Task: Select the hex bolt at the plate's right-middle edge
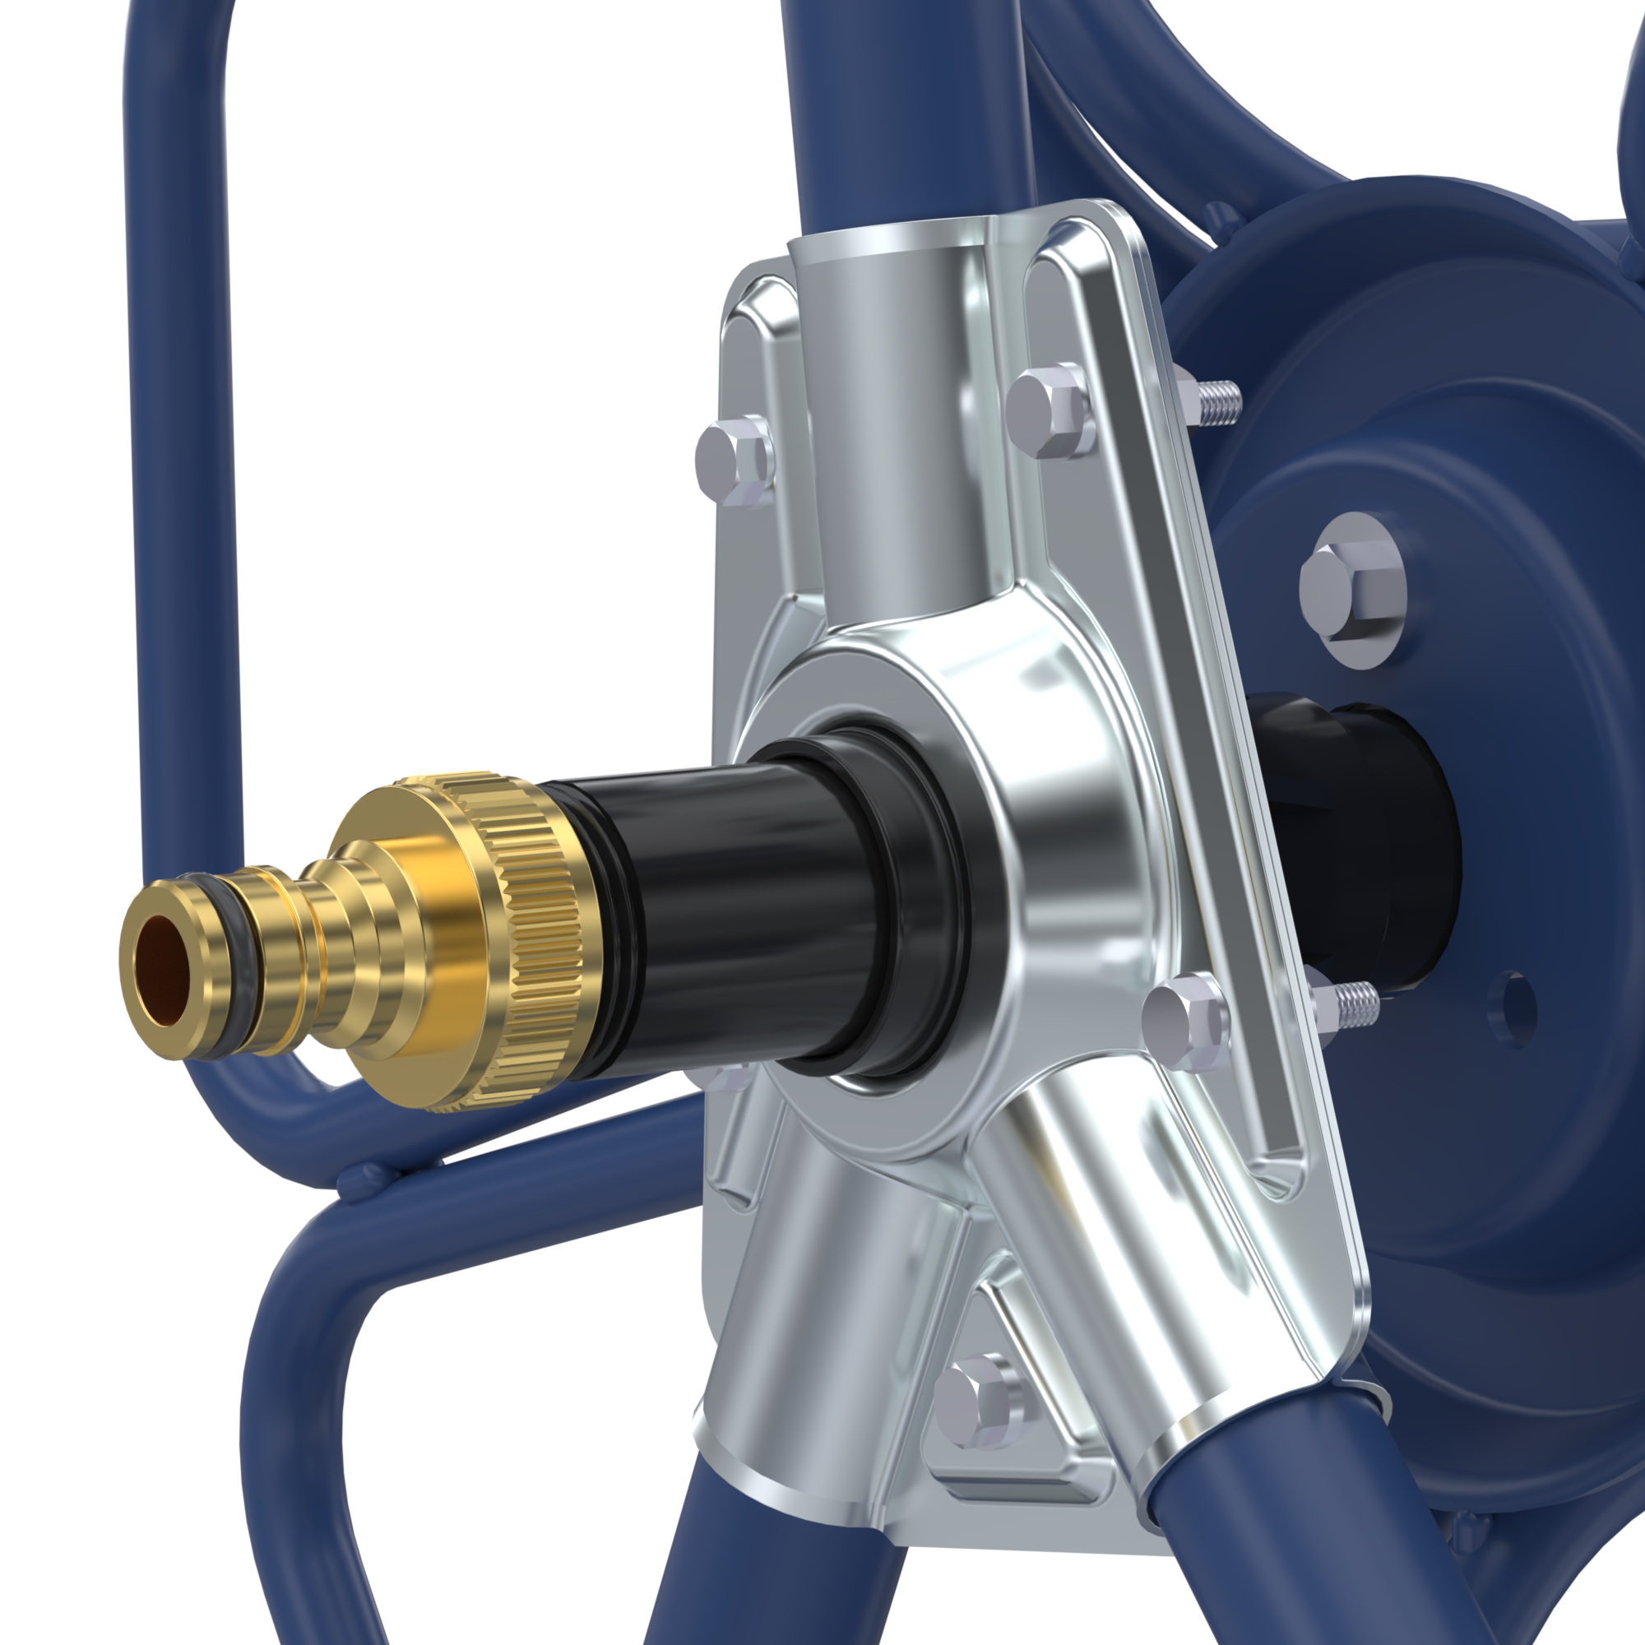point(1184,1020)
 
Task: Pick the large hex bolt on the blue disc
point(1352,588)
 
